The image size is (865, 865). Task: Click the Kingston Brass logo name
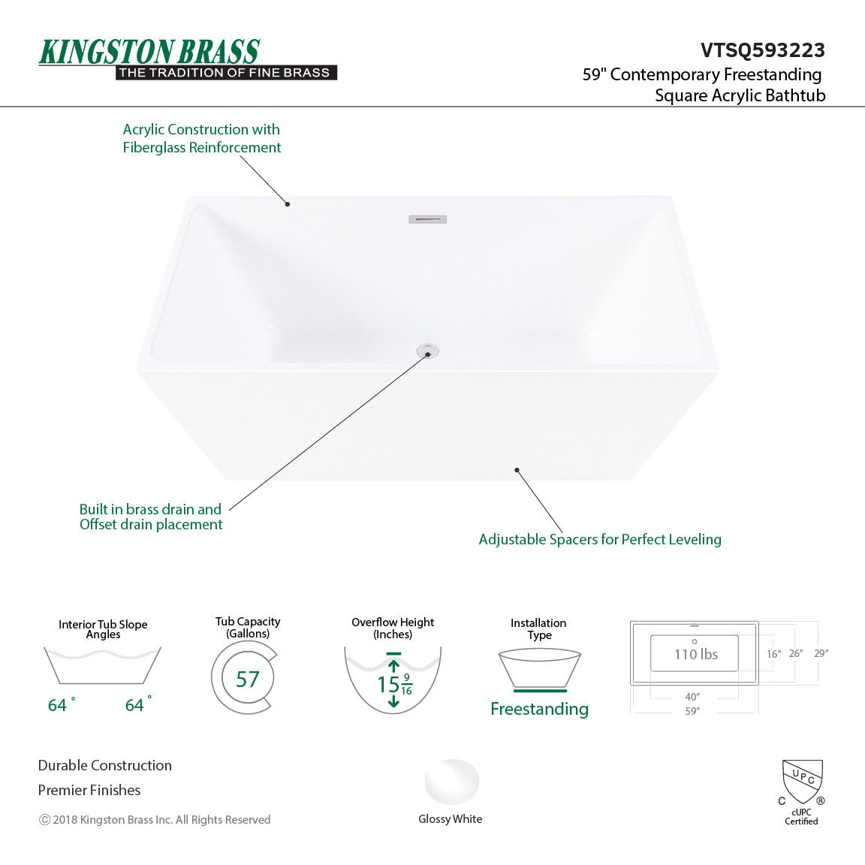click(149, 52)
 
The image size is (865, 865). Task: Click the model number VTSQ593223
click(762, 50)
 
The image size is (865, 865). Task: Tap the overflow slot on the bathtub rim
click(427, 219)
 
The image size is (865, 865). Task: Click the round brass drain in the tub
click(427, 351)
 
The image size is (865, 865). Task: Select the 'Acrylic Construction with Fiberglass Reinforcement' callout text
click(201, 139)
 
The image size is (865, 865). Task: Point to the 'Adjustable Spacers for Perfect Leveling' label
click(599, 539)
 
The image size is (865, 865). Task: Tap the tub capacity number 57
click(247, 680)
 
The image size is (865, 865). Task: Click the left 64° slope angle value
click(59, 705)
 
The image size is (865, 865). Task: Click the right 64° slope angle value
click(136, 705)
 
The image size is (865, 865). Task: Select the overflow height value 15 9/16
click(393, 685)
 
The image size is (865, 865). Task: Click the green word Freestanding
click(539, 709)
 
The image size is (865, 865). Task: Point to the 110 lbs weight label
click(696, 654)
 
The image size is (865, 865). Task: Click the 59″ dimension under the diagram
click(692, 711)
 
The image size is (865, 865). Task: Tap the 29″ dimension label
click(821, 653)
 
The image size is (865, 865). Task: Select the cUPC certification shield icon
click(802, 781)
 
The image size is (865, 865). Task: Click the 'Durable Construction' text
click(105, 765)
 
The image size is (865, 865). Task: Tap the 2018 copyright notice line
click(155, 820)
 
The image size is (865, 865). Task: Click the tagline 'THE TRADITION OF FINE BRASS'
click(225, 73)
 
